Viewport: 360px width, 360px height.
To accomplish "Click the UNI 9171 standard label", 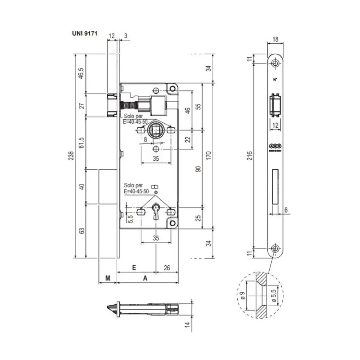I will [x=84, y=34].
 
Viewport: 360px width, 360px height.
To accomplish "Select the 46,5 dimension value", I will [x=81, y=73].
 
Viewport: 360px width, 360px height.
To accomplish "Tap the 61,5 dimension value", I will [x=81, y=143].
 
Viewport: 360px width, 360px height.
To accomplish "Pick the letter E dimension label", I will [x=134, y=268].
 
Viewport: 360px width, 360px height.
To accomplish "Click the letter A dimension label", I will [x=145, y=278].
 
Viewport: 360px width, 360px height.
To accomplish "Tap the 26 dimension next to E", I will [x=167, y=268].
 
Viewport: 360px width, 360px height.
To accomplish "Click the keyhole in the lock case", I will [x=155, y=213].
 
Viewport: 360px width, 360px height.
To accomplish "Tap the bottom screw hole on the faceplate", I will [x=275, y=249].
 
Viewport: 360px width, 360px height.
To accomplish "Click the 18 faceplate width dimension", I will [x=276, y=40].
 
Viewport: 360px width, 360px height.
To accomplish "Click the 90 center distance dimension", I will [x=198, y=169].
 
